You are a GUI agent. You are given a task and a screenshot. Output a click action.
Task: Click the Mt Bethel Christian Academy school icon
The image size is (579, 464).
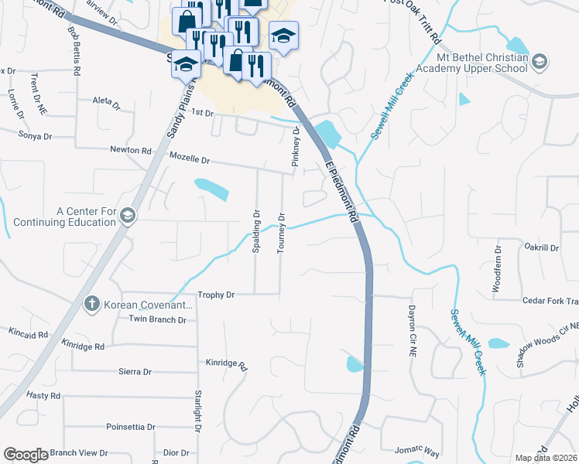(540, 60)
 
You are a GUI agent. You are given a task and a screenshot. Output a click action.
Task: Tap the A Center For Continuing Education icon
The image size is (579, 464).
(128, 217)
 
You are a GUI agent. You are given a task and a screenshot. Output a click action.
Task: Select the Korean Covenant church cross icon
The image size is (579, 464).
(91, 304)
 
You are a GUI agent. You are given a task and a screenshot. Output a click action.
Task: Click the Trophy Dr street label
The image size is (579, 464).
(215, 295)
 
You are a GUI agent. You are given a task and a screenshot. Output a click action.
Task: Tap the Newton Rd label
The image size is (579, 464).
(130, 150)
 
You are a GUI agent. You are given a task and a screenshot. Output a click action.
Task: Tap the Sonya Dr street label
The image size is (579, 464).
(35, 135)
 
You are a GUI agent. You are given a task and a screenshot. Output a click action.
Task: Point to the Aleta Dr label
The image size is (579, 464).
(106, 102)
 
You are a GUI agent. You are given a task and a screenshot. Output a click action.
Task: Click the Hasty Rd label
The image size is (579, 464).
(43, 395)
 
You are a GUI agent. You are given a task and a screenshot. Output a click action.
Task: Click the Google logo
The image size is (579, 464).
(26, 455)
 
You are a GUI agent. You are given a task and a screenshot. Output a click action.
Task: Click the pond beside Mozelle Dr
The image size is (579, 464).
(211, 188)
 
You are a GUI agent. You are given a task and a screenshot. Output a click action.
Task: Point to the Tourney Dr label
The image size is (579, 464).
(282, 232)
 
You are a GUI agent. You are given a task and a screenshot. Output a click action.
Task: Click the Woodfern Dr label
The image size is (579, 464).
(498, 270)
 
